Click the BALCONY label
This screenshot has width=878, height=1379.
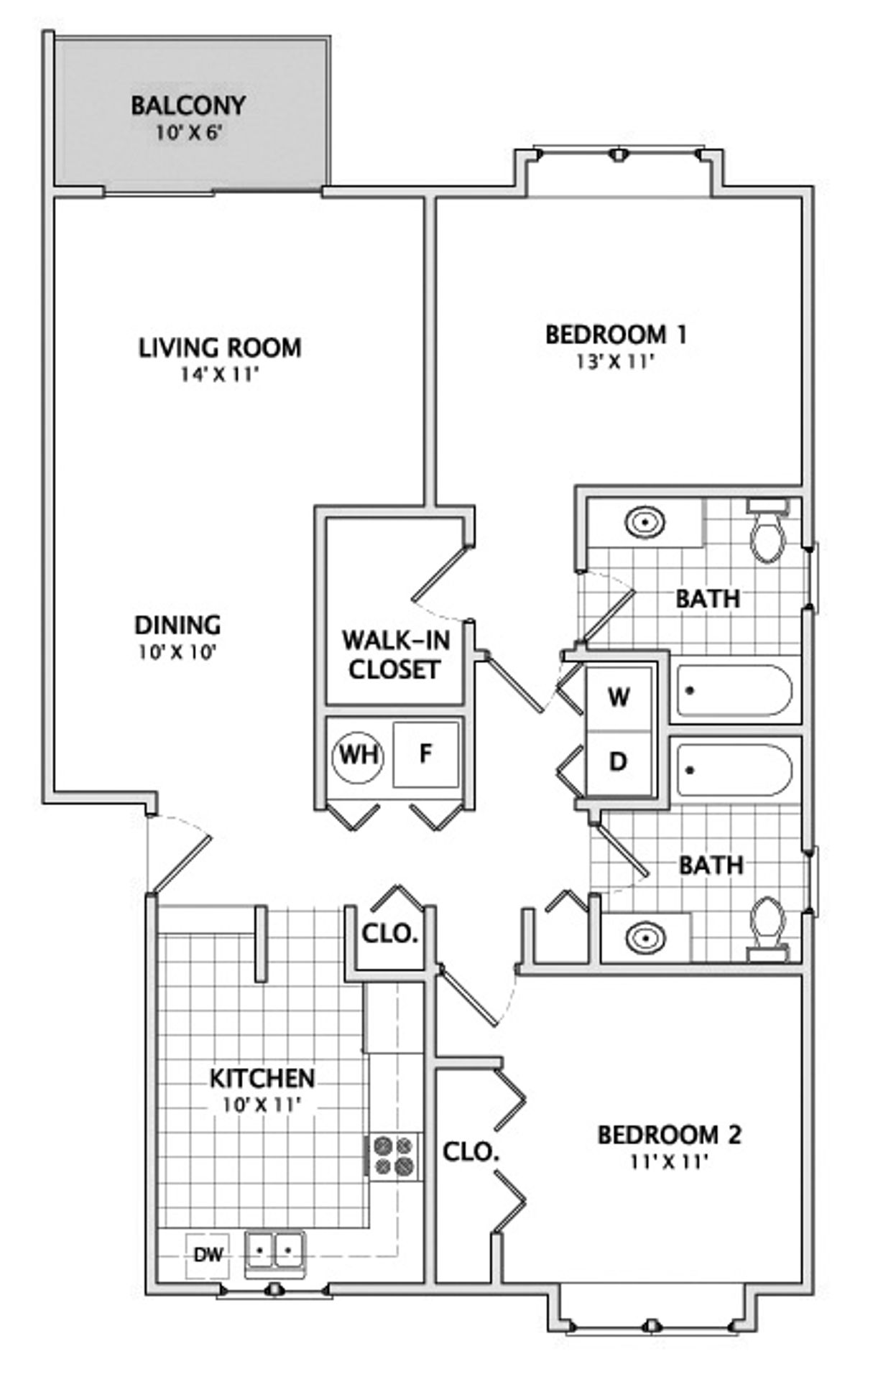[188, 106]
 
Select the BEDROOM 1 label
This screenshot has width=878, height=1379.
[616, 335]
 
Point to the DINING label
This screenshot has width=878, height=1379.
[177, 625]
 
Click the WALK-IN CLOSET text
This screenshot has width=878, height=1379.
[395, 654]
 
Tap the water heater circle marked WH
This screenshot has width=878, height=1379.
[359, 756]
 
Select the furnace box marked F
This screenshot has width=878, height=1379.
[425, 754]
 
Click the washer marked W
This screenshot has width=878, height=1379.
[619, 697]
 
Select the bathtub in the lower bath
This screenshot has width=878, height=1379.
[734, 770]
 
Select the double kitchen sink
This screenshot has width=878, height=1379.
[274, 1253]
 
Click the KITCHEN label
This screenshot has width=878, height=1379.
[262, 1078]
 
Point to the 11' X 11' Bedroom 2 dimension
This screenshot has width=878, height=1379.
[670, 1161]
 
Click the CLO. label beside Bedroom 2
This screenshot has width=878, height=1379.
[471, 1151]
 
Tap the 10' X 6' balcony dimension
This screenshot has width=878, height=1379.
[188, 133]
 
